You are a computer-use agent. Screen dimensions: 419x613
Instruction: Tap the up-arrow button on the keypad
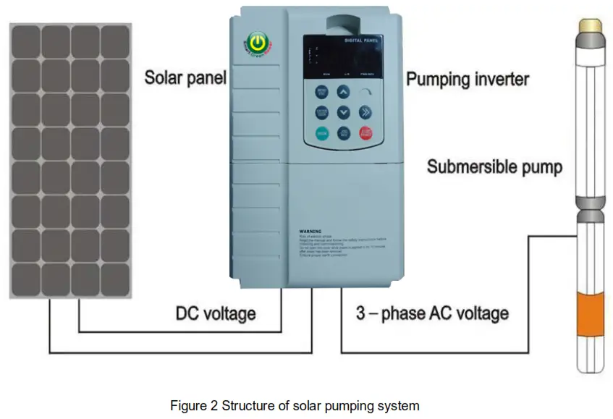[x=344, y=93]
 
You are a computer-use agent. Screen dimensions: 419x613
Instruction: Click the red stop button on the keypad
[x=366, y=133]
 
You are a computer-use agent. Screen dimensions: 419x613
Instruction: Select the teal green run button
[x=321, y=133]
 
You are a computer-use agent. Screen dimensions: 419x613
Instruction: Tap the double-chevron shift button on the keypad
[x=366, y=112]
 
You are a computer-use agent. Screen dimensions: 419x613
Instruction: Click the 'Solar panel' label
[x=185, y=77]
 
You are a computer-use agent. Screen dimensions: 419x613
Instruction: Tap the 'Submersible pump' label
[x=494, y=167]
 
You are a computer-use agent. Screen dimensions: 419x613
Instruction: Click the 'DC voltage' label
[x=216, y=314]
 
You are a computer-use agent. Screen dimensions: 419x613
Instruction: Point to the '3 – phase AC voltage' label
[x=432, y=314]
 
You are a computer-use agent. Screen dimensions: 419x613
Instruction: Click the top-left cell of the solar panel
[x=25, y=42]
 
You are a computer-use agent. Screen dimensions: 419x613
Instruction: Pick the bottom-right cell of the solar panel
[x=114, y=279]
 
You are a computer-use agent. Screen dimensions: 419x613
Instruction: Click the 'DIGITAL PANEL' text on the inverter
[x=360, y=41]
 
